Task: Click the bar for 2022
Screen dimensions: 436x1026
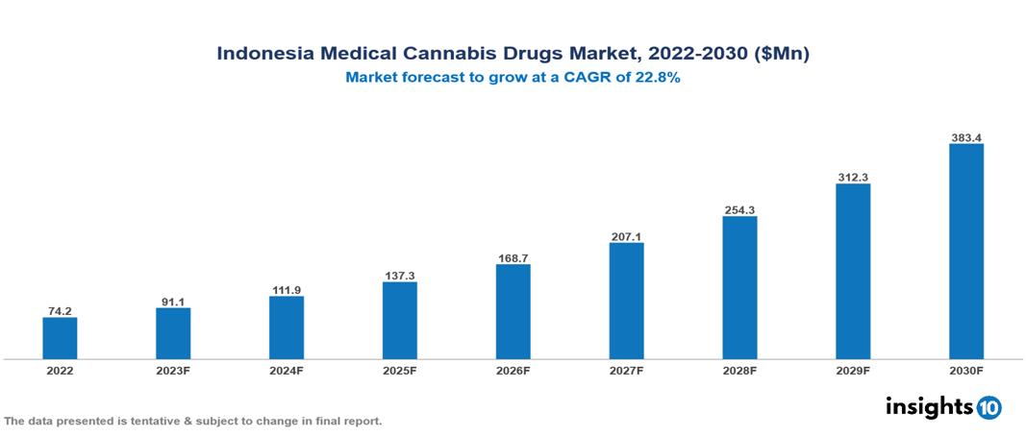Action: [x=60, y=338]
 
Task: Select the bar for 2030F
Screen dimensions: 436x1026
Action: [x=966, y=252]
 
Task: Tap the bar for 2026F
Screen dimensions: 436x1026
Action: [x=513, y=311]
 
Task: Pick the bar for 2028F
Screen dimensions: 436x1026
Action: [x=739, y=287]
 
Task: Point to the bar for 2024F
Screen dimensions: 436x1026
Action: [x=287, y=327]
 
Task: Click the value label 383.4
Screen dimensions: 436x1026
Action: [x=966, y=138]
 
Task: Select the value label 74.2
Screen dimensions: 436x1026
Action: [x=60, y=311]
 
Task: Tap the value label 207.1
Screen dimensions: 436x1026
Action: [x=626, y=236]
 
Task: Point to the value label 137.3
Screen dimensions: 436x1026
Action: [x=400, y=276]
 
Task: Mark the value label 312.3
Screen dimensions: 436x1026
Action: [x=853, y=178]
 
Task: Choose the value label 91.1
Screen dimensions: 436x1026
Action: [x=173, y=302]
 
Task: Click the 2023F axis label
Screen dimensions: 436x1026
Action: [x=173, y=370]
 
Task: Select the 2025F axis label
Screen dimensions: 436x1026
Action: [x=400, y=370]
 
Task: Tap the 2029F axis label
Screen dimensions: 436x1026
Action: [x=853, y=370]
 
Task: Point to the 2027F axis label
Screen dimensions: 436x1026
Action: [x=626, y=370]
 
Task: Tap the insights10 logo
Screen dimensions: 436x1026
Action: [x=943, y=407]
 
